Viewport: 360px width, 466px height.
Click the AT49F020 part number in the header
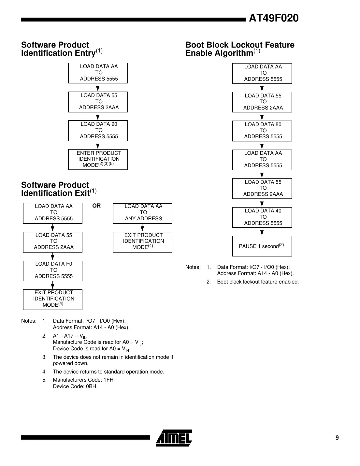click(273, 18)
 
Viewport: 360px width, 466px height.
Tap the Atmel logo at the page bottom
click(174, 438)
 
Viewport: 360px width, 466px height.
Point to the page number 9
click(337, 438)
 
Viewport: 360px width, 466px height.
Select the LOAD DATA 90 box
click(98, 130)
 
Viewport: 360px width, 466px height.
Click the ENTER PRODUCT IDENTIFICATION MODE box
click(98, 159)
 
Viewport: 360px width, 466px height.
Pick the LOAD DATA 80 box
click(262, 131)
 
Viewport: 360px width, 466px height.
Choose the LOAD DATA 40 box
click(262, 217)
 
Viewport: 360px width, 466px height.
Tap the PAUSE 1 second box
click(262, 246)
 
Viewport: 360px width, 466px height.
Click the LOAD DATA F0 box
click(53, 270)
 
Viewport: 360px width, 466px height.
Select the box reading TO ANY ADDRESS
click(142, 213)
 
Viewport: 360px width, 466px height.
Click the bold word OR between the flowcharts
click(96, 206)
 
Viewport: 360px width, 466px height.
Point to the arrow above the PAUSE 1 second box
click(262, 232)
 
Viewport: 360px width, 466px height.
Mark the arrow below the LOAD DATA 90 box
click(98, 145)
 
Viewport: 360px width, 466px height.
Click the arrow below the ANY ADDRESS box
click(142, 228)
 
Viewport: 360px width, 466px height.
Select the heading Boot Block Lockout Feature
click(240, 45)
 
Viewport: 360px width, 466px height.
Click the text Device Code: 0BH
click(75, 386)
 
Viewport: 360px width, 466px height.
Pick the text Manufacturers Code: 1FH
click(83, 380)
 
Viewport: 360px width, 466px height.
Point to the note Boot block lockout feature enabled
click(258, 282)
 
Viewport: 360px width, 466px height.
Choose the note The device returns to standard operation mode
click(108, 371)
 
